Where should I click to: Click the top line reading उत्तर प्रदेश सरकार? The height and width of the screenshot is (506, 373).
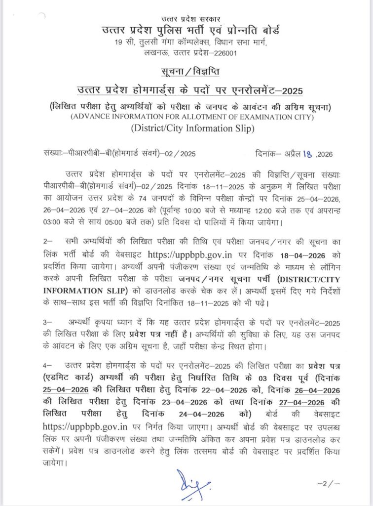(x=186, y=19)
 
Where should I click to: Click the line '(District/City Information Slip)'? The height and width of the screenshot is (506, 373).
(x=186, y=130)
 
